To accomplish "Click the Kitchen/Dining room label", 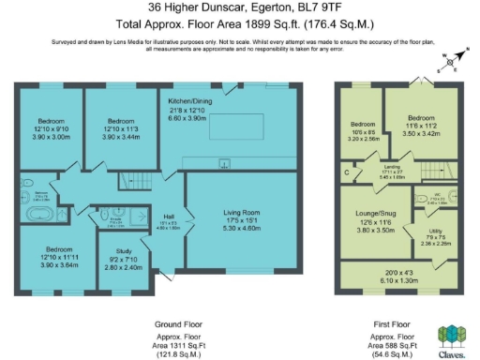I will click(190, 99).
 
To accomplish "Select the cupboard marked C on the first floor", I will click(347, 172).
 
